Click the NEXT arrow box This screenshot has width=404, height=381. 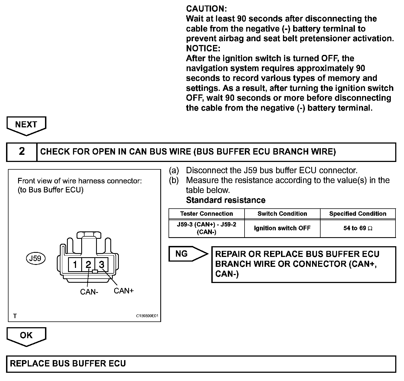point(26,125)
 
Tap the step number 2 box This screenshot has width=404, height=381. point(22,152)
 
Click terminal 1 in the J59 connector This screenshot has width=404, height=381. point(75,265)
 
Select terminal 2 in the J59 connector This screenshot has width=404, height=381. point(88,265)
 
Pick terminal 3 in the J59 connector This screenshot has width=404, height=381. point(102,265)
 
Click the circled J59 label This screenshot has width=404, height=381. point(35,258)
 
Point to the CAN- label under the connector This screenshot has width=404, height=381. point(89,292)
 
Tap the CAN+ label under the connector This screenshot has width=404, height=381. point(124,291)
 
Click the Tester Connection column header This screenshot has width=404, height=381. point(206,214)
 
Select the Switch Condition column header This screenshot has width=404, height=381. point(282,214)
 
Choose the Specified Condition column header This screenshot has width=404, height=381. point(358,214)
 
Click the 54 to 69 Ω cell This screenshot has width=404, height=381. point(358,228)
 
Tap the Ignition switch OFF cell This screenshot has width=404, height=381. point(282,228)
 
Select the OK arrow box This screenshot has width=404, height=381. point(26,335)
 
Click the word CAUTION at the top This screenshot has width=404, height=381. point(206,9)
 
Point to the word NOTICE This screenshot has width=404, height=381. point(203,49)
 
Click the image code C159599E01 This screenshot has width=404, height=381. point(147,316)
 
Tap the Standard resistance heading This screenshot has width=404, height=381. point(226,200)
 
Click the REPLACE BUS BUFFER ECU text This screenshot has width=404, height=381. point(68,364)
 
